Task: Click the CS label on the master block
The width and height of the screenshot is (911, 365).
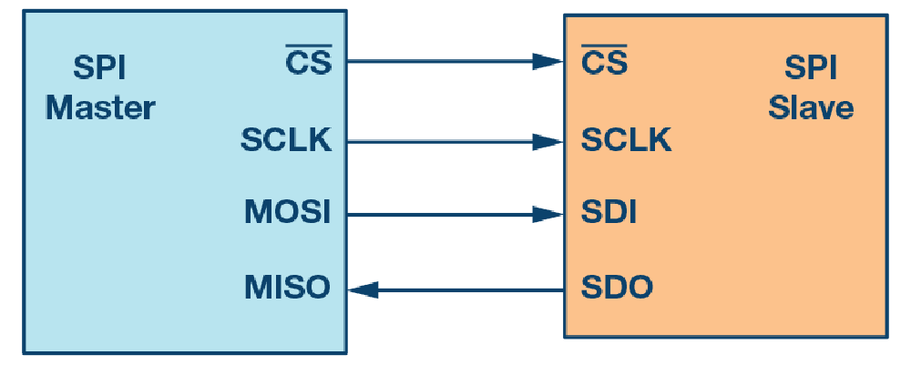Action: click(x=309, y=64)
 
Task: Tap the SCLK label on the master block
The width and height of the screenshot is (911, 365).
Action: click(x=286, y=140)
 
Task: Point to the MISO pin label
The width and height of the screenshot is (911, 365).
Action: click(x=287, y=289)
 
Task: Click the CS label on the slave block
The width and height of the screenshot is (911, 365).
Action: click(x=604, y=64)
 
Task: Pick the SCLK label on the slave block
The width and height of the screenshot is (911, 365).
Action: click(x=626, y=140)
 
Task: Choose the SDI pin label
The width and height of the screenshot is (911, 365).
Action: click(x=609, y=214)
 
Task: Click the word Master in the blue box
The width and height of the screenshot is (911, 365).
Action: click(x=100, y=108)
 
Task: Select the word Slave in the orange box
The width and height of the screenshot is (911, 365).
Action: click(x=811, y=108)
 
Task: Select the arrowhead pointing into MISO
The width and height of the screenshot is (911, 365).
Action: click(x=363, y=290)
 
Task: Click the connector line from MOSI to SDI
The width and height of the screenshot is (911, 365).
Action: click(x=437, y=216)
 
